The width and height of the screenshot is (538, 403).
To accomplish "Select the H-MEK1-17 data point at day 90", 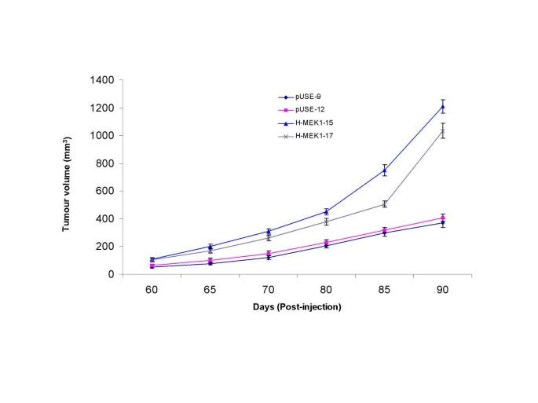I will point(443,130).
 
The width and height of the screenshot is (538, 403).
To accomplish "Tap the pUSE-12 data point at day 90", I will point(443,218).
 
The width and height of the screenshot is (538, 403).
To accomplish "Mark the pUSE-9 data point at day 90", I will point(443,223).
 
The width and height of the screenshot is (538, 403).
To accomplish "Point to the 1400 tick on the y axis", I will point(103,80).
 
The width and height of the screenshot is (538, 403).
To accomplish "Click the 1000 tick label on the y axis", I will point(103,136).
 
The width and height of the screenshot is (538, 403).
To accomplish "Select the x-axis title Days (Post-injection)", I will point(297,307).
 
